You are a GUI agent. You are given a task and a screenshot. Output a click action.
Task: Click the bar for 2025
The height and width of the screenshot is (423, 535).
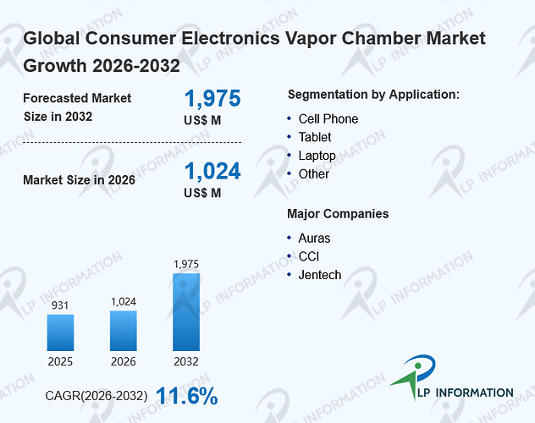tap(60, 332)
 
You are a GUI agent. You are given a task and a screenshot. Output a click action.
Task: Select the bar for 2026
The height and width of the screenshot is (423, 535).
tap(124, 331)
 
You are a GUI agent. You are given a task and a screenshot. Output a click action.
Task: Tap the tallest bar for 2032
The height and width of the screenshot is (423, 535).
tap(186, 312)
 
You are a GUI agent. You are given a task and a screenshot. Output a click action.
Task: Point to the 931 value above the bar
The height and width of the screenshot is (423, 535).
tap(60, 305)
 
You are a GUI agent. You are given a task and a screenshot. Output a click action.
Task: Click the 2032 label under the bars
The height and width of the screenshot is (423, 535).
tap(186, 361)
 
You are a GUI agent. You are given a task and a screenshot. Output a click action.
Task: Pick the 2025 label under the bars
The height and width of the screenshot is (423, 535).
tap(60, 361)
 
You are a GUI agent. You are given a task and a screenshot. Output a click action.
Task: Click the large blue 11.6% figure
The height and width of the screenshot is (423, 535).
tap(187, 396)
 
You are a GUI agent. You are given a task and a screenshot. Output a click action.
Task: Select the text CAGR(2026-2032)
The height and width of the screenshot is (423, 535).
tap(97, 396)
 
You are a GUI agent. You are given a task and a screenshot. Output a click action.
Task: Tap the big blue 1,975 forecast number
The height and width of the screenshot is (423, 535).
tap(212, 98)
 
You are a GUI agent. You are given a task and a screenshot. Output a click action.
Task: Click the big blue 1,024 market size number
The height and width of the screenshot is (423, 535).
tap(212, 171)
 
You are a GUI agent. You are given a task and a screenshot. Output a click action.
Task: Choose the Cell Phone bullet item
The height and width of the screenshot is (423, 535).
tap(328, 119)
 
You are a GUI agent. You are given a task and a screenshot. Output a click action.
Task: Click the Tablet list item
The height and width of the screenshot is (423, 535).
tap(315, 137)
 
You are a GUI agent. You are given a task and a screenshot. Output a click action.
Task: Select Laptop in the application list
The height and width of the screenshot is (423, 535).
tap(317, 156)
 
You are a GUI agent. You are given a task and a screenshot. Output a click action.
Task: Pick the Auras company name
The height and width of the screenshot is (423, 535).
tap(314, 239)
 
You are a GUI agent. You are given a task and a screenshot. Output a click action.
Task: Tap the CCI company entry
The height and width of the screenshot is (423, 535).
tap(309, 256)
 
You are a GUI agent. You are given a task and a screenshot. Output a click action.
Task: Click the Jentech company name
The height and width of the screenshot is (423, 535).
tap(320, 275)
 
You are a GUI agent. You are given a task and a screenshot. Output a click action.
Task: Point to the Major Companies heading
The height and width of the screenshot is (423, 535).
tap(338, 214)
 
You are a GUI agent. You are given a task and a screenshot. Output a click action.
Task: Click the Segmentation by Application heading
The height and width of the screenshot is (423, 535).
tap(373, 95)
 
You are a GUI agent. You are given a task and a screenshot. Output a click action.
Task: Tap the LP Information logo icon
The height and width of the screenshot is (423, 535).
tap(414, 376)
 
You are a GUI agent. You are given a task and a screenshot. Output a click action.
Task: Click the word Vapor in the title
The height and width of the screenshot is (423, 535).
tap(310, 39)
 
